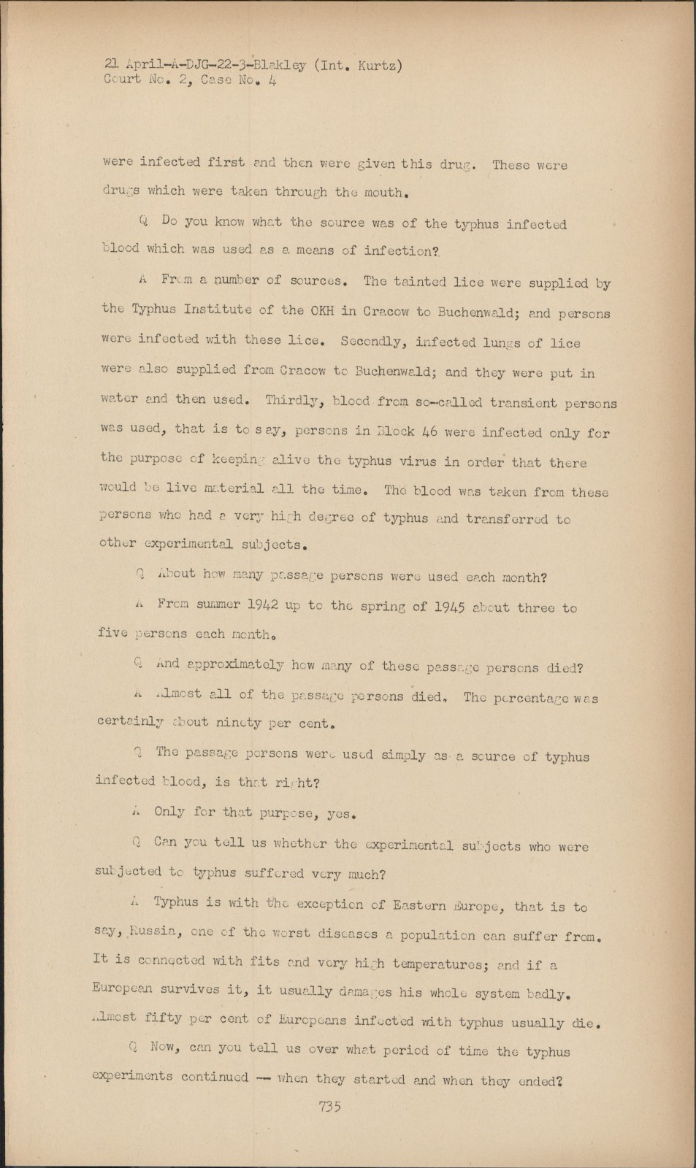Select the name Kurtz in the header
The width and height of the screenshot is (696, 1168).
[x=376, y=66]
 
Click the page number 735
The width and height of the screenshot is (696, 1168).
[x=330, y=1106]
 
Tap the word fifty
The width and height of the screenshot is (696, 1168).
[x=163, y=1018]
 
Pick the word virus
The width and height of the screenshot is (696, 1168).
[x=429, y=462]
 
